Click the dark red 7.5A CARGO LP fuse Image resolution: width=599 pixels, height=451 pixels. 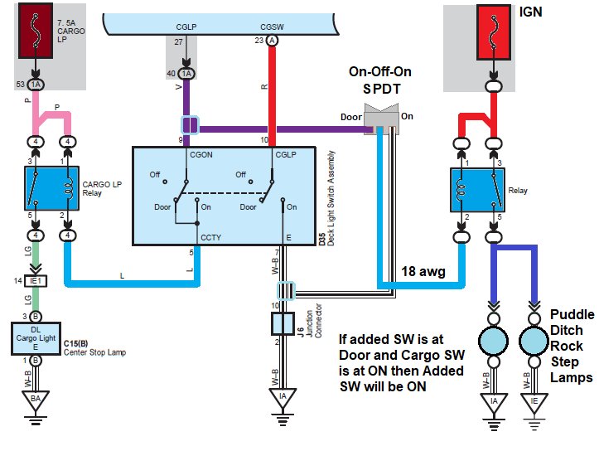tap(36, 31)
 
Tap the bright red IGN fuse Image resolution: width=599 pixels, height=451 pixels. tap(494, 32)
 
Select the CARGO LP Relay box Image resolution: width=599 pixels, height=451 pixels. tap(51, 188)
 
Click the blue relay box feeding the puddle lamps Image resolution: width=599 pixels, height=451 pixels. tap(477, 190)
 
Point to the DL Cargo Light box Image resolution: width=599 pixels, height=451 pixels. tap(36, 338)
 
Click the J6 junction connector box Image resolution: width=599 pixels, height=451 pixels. tap(283, 323)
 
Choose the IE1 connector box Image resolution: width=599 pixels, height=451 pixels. tap(36, 281)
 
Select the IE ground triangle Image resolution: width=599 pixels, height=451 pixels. tap(534, 403)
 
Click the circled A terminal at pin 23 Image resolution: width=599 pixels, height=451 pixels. tap(272, 41)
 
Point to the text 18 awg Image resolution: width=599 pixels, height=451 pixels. tap(423, 271)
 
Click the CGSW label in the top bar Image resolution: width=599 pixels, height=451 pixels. tap(272, 27)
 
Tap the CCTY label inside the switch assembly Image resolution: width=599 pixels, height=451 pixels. tap(211, 237)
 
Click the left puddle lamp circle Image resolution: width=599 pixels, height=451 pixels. tap(494, 341)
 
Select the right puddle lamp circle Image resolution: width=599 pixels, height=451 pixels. tap(534, 341)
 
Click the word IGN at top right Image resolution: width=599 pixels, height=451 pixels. tap(530, 12)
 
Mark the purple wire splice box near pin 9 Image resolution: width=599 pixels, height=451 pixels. tap(190, 125)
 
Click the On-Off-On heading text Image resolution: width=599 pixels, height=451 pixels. tap(380, 71)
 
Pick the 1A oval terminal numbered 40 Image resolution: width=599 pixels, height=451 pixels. tap(186, 74)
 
